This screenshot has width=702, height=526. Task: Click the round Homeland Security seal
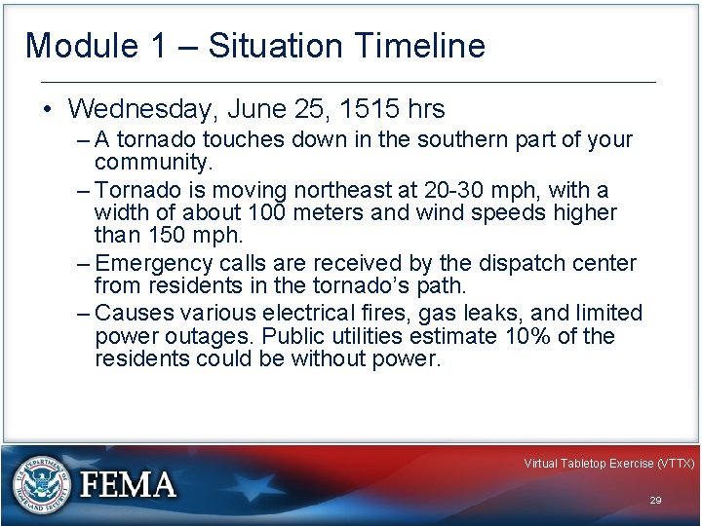pyautogui.click(x=40, y=484)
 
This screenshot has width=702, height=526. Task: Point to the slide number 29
pyautogui.click(x=655, y=500)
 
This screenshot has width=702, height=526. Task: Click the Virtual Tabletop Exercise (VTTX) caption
pyautogui.click(x=608, y=464)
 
